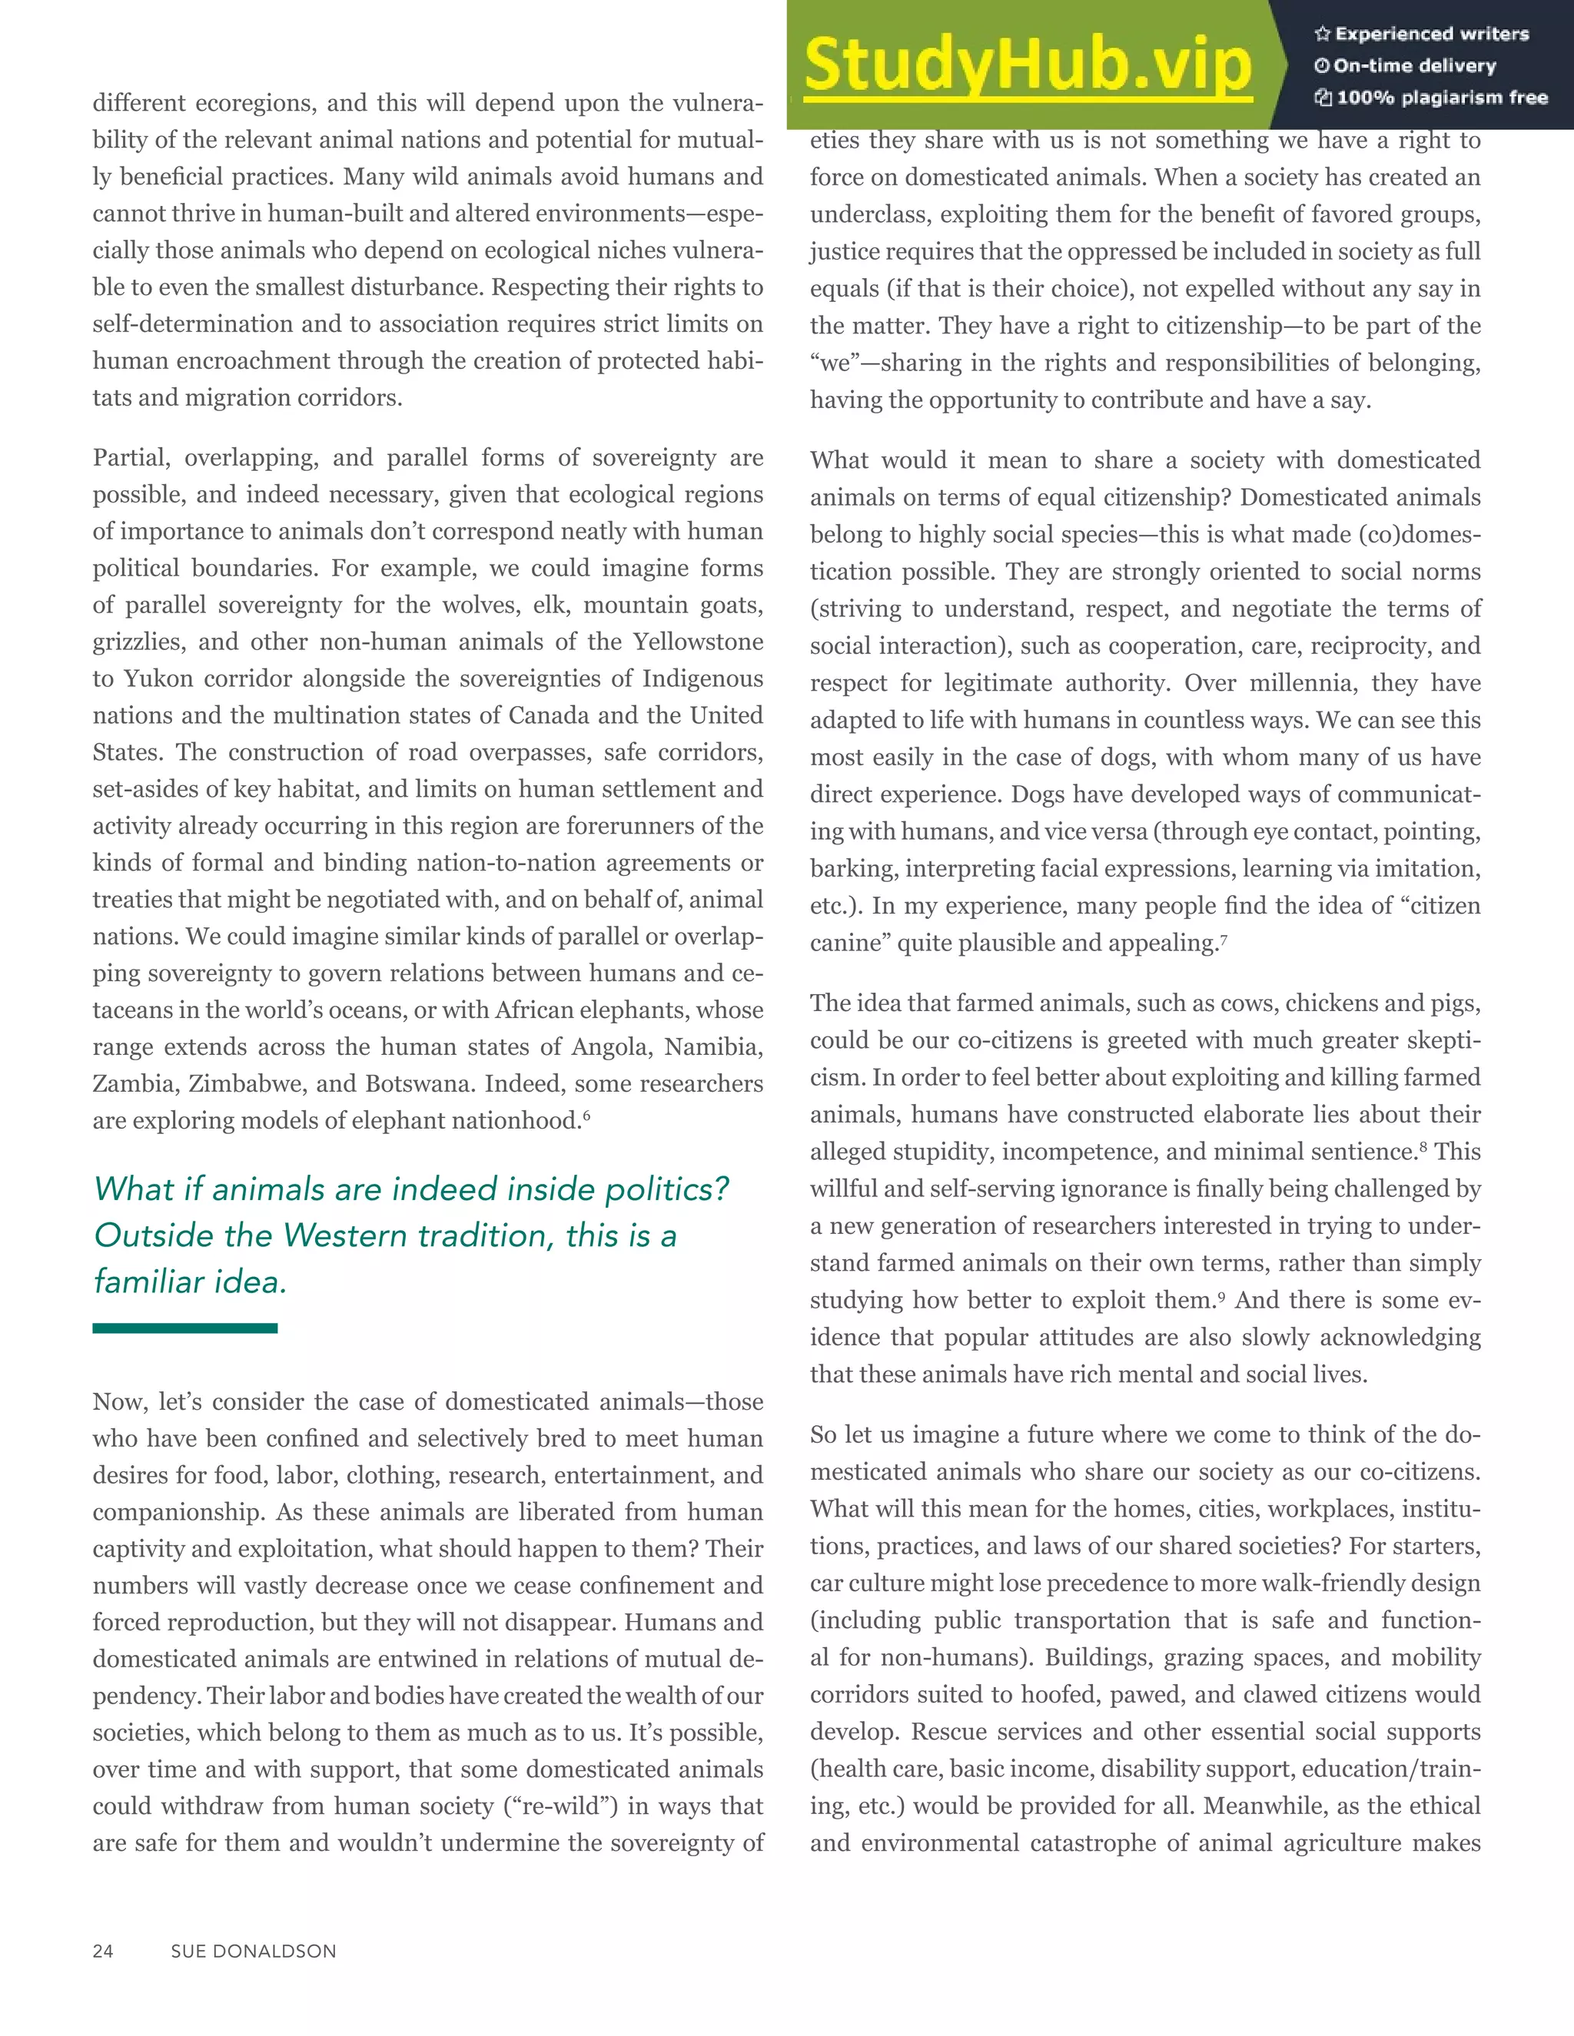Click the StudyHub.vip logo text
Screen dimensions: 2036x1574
click(x=1027, y=65)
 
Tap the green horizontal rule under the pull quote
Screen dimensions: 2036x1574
click(x=184, y=1328)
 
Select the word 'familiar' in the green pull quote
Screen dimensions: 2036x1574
click(x=150, y=1282)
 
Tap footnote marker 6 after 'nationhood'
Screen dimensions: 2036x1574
click(x=586, y=1115)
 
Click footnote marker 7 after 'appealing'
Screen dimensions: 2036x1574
click(x=1224, y=938)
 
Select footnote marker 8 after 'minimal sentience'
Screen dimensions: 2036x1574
click(x=1423, y=1146)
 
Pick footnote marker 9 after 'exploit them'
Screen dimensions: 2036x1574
click(x=1220, y=1295)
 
